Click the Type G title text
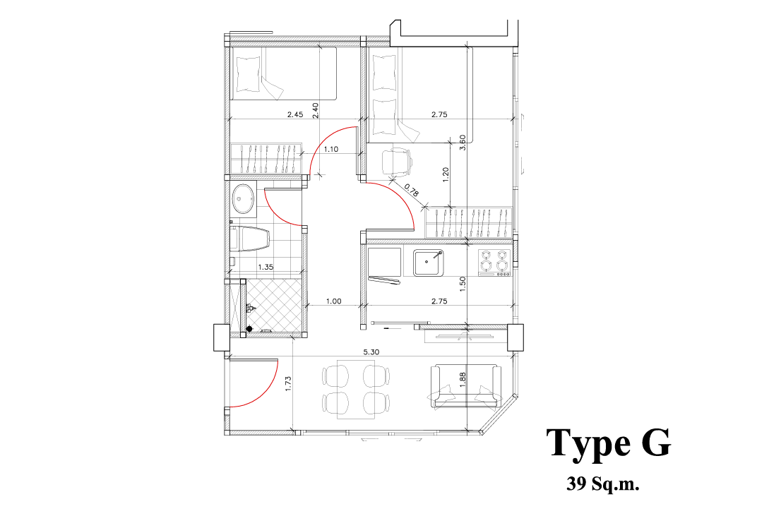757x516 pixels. tap(608, 443)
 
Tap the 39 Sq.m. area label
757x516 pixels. tap(602, 484)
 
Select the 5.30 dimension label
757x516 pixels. tap(371, 352)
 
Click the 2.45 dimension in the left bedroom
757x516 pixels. tap(295, 114)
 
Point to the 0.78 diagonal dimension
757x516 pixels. tap(411, 190)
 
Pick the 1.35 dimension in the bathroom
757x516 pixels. tap(266, 266)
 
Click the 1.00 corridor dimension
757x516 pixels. tap(333, 301)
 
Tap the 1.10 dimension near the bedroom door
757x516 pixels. tap(330, 149)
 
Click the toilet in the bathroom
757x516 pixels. tap(249, 239)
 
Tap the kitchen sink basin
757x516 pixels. tap(428, 262)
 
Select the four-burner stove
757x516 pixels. tap(494, 263)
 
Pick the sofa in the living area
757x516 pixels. tap(465, 386)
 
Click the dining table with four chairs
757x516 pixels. tap(356, 389)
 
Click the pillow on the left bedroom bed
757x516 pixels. tap(249, 73)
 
